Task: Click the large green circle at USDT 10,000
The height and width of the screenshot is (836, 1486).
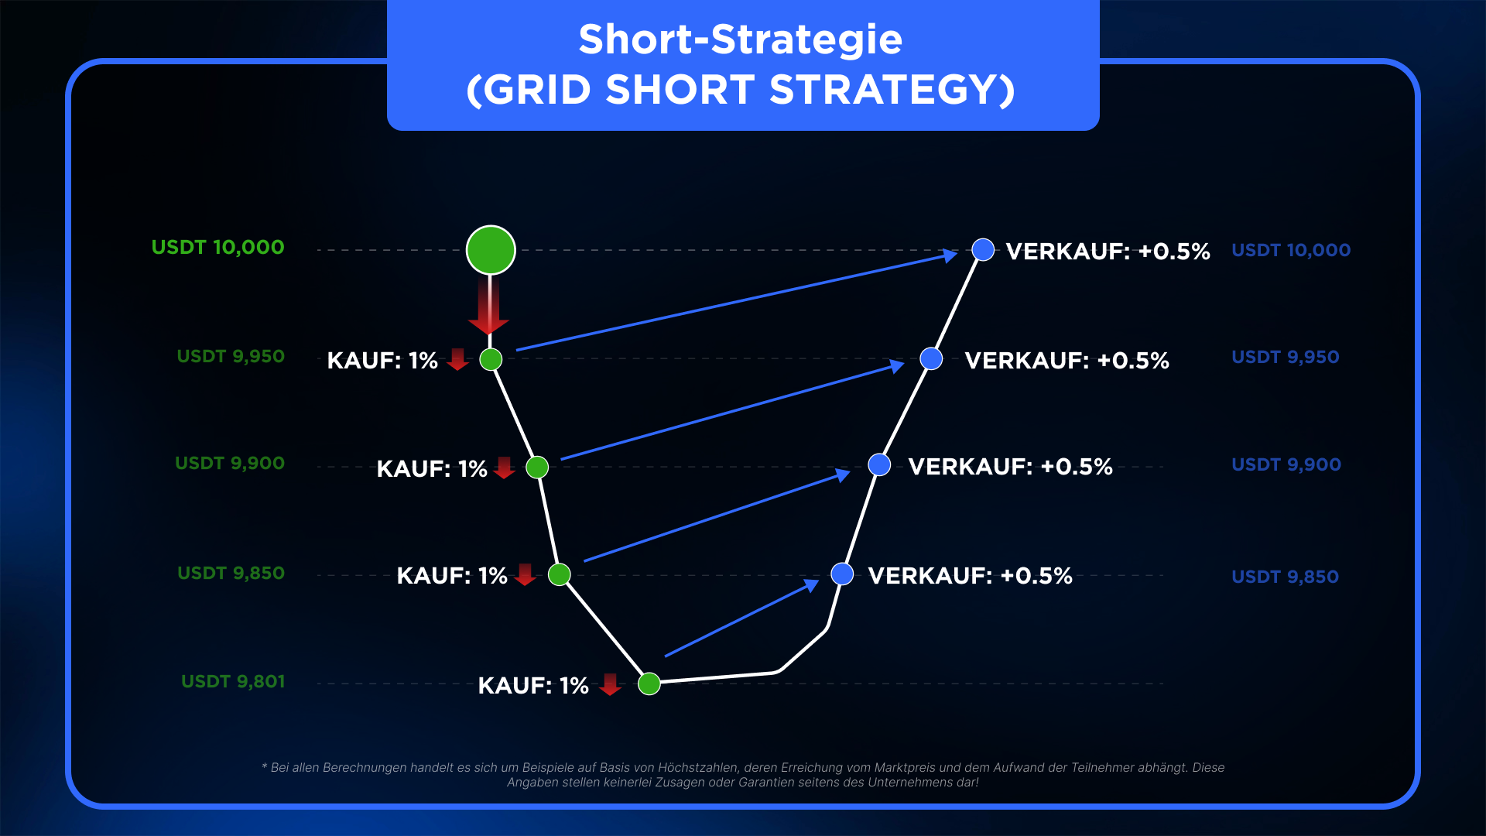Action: (x=491, y=250)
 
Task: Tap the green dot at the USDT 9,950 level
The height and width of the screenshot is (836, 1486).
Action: (x=491, y=359)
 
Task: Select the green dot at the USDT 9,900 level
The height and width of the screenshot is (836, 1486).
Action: (x=537, y=467)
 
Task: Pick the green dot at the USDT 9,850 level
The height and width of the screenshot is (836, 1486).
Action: (x=559, y=574)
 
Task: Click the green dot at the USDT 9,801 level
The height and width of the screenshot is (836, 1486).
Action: (x=649, y=684)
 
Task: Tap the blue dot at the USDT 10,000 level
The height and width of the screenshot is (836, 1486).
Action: (x=983, y=249)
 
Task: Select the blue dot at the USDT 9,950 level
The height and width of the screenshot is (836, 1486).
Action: (x=931, y=358)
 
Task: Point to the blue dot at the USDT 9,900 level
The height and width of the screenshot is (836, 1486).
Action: (x=879, y=464)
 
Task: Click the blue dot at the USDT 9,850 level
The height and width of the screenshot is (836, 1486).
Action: (x=842, y=574)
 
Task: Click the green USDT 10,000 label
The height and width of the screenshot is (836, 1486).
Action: (x=218, y=248)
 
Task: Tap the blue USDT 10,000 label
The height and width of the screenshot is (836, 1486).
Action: (x=1291, y=251)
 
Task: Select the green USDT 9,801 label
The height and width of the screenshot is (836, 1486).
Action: (x=233, y=682)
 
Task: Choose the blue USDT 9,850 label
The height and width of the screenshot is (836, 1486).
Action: (x=1285, y=577)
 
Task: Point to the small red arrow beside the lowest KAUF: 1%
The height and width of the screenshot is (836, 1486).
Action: (x=610, y=684)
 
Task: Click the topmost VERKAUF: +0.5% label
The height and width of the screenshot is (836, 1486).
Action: (x=1108, y=252)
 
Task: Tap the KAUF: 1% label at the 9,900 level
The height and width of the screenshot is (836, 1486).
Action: (x=432, y=469)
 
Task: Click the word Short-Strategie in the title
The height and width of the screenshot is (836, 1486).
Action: (x=741, y=39)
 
